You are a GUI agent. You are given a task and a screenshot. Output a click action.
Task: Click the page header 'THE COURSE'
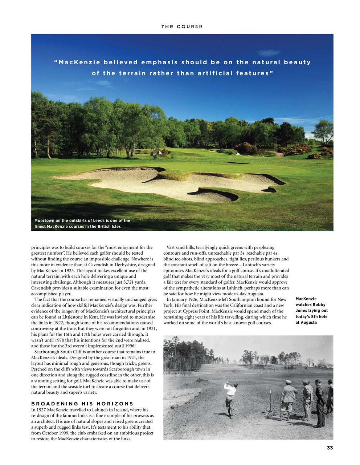pyautogui.click(x=182, y=27)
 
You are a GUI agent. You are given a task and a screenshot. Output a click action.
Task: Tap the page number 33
pyautogui.click(x=330, y=448)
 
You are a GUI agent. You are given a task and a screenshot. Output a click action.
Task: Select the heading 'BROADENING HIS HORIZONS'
pyautogui.click(x=82, y=404)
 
